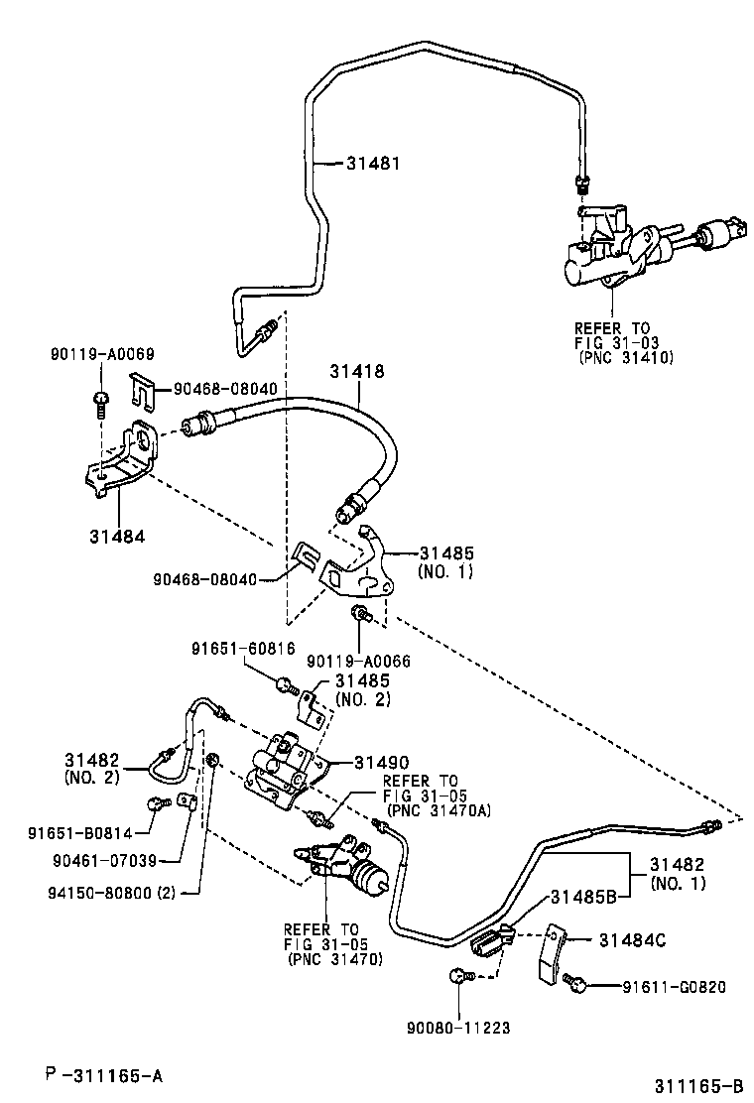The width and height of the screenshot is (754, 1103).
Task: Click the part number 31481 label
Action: point(373,164)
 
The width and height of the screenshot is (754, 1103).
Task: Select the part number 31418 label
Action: point(357,371)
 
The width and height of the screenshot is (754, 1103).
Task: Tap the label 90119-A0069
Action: point(102,354)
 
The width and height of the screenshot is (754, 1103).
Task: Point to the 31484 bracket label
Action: point(116,536)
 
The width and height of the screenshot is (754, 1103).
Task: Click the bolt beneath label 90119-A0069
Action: point(101,399)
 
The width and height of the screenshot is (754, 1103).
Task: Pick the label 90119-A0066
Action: point(358,661)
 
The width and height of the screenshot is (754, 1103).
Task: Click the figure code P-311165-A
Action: point(103,1074)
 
